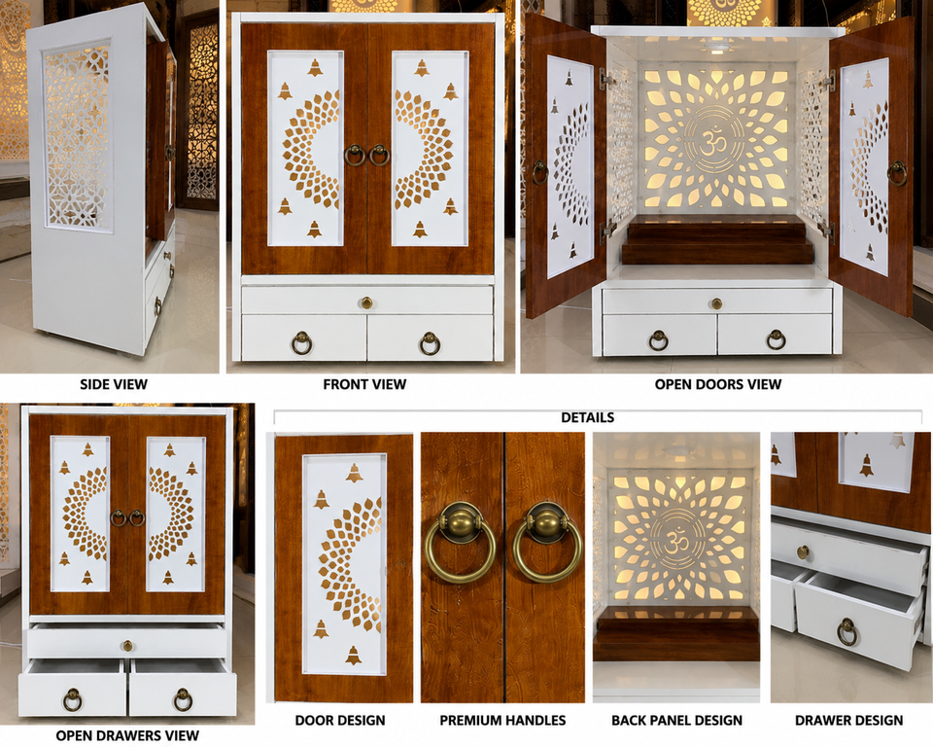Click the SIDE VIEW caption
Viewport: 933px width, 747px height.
click(114, 384)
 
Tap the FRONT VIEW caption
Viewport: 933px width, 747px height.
click(364, 384)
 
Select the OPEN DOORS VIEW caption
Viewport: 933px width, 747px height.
click(718, 384)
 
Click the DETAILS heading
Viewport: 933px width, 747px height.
click(587, 417)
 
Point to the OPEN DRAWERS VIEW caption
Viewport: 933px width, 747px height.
click(127, 735)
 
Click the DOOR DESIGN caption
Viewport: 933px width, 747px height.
click(340, 720)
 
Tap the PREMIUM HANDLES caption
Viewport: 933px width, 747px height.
click(502, 720)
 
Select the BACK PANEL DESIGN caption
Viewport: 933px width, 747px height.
click(677, 720)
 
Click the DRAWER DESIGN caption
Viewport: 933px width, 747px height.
click(849, 720)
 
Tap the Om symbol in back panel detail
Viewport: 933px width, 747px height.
click(674, 543)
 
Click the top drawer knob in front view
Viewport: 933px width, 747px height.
click(367, 302)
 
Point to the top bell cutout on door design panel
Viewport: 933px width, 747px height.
click(354, 474)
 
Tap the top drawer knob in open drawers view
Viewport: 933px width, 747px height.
click(128, 646)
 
